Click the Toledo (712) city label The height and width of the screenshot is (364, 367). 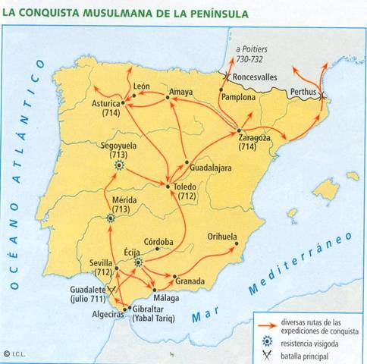185,191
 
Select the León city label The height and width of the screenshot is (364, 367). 142,87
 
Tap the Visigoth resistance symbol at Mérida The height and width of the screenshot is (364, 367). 112,218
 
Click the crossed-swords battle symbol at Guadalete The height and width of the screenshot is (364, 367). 113,289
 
